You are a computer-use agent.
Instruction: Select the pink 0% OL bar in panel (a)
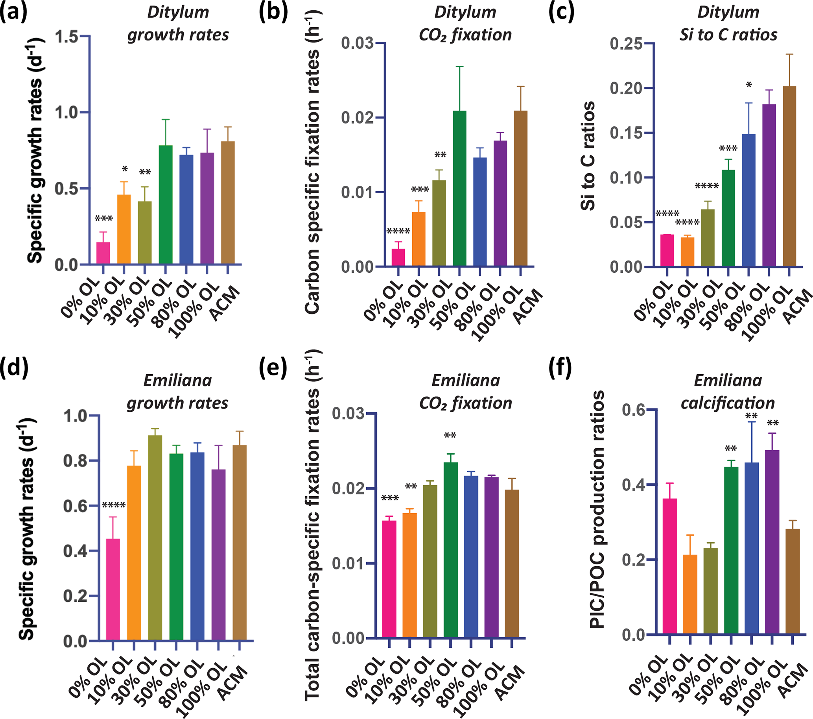(103, 253)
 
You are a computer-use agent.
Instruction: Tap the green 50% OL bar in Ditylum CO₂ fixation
(459, 189)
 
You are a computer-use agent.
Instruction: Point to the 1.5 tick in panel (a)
(66, 37)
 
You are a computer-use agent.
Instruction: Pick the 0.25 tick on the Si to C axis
(626, 43)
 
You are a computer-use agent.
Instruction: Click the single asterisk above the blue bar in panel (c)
(749, 85)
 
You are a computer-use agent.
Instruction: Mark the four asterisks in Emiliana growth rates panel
(114, 506)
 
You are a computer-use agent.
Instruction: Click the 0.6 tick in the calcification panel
(634, 410)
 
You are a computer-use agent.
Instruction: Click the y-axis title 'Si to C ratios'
(588, 155)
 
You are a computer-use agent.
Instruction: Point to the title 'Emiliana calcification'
(728, 392)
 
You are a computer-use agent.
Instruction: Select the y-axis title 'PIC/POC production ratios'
(597, 509)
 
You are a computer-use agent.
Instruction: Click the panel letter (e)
(273, 368)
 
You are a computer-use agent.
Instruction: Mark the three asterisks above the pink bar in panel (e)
(390, 498)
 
